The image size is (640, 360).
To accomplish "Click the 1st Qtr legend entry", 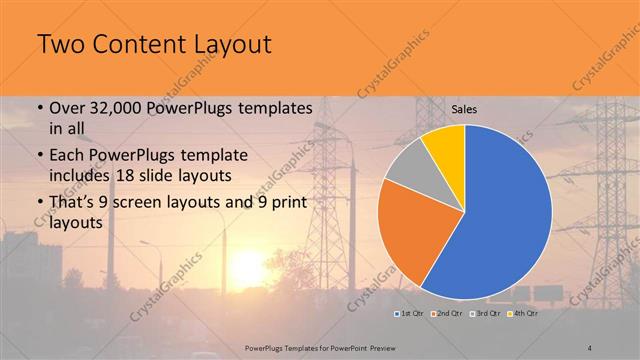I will tap(409, 314).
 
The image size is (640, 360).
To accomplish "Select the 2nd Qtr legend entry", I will tap(446, 314).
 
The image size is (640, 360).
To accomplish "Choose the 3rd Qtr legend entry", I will tap(484, 314).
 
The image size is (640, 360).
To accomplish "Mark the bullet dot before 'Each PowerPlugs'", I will tap(39, 157).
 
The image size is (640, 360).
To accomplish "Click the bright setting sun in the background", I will tap(247, 267).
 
